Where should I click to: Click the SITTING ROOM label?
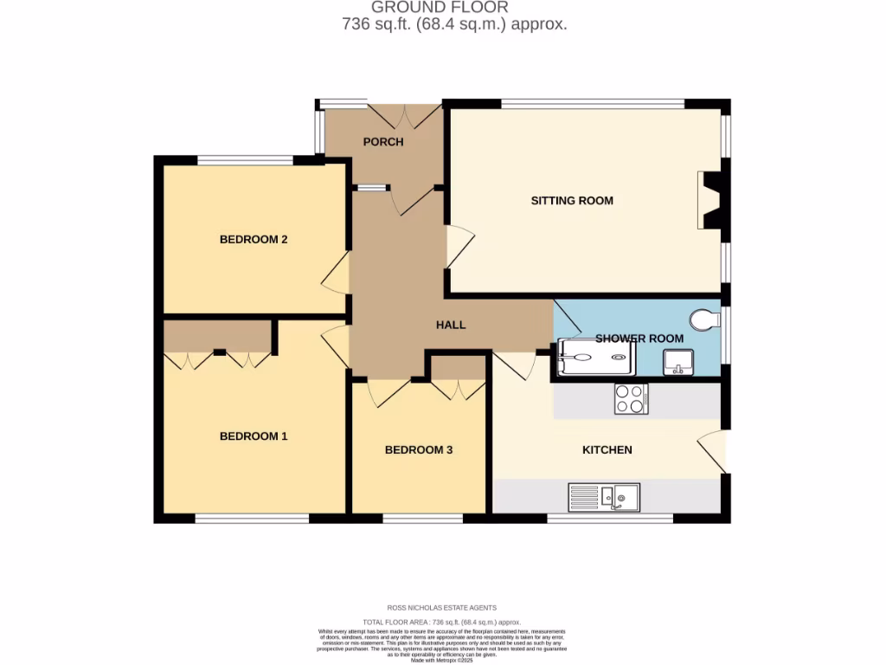[x=572, y=201]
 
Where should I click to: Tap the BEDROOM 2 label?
[x=254, y=240]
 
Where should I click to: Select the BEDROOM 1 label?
[x=254, y=436]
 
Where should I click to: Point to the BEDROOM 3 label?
[x=419, y=450]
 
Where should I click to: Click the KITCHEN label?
[x=607, y=450]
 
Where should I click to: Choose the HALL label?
[x=451, y=326]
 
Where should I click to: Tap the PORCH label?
[x=383, y=142]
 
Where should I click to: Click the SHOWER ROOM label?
[x=639, y=339]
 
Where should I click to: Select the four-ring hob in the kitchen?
[x=631, y=399]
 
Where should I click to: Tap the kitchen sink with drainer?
[x=604, y=497]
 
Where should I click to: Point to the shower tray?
[x=597, y=358]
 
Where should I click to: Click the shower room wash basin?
[x=678, y=363]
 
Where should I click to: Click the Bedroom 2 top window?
[x=245, y=159]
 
